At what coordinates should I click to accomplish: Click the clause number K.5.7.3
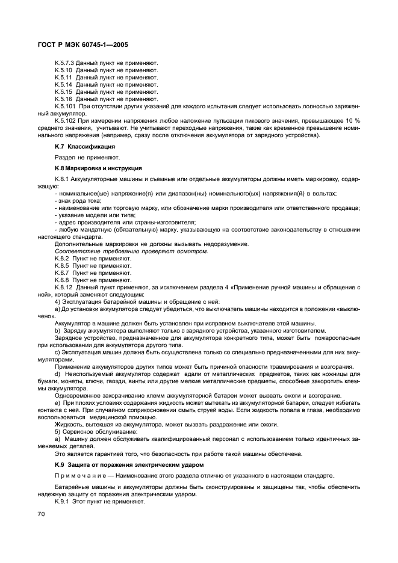coord(64,63)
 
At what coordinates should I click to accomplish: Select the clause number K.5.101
coord(64,106)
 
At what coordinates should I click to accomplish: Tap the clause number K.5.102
coord(64,120)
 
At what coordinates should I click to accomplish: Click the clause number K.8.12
coord(63,288)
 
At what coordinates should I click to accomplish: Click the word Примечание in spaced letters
coord(80,476)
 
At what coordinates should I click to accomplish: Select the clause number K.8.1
coord(62,179)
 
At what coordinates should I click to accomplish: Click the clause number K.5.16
coord(63,99)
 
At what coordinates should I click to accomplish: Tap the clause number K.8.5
coord(62,265)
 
